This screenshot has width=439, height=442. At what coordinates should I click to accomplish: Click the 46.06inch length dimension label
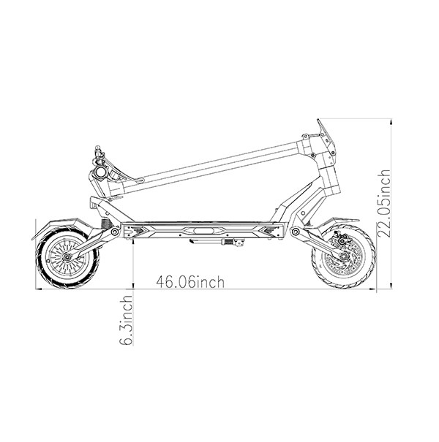tap(190, 282)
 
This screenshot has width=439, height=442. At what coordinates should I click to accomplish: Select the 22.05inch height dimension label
tap(384, 204)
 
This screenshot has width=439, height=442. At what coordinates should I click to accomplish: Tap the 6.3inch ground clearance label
tap(126, 320)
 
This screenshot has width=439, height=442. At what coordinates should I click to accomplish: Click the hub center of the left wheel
tap(67, 257)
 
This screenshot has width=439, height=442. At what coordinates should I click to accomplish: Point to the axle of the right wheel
tap(344, 256)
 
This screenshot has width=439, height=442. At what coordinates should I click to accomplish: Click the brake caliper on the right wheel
tap(339, 237)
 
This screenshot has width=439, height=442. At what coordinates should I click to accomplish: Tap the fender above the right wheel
tap(339, 222)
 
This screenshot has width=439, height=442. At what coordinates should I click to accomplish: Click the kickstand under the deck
tap(217, 242)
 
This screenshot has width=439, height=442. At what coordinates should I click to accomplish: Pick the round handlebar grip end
tap(100, 172)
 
